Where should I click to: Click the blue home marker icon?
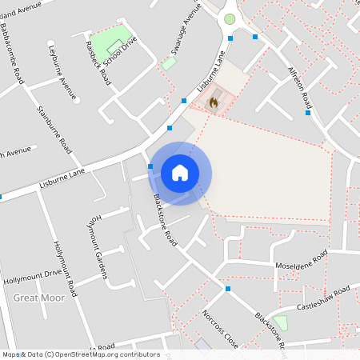[180, 172]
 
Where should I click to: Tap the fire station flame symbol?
[213, 102]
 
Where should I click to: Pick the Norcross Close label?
[220, 328]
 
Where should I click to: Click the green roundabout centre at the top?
[230, 18]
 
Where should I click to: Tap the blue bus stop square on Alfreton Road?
[308, 113]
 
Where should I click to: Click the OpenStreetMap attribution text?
[80, 354]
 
